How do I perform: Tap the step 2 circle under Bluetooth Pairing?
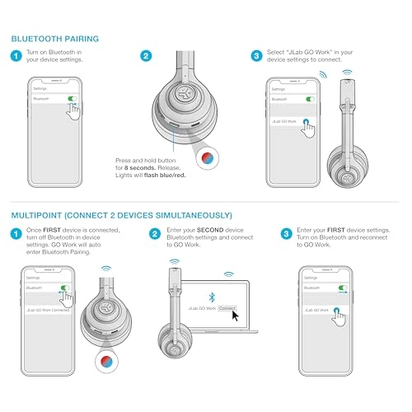[146, 57]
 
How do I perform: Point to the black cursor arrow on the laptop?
[235, 314]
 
